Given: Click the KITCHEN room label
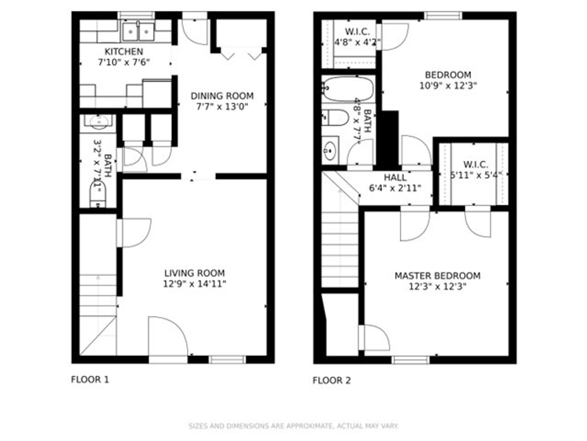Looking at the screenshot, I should tap(124, 51).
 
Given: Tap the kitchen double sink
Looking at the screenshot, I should tap(138, 31).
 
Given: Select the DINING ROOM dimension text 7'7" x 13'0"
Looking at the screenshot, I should tap(222, 107).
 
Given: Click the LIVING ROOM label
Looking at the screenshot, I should tap(194, 273).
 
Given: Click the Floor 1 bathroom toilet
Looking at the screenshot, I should tap(98, 195).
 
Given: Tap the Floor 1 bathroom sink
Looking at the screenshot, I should tap(98, 122).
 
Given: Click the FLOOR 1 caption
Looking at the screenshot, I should tap(90, 380).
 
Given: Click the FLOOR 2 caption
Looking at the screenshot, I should tap(331, 380).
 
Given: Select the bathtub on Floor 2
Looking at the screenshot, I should tap(349, 89).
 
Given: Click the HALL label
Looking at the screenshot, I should tap(395, 178).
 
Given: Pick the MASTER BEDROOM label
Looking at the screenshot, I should tap(437, 276).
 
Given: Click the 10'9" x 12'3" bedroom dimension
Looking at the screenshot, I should tap(448, 86).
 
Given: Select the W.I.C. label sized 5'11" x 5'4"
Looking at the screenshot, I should tap(475, 165).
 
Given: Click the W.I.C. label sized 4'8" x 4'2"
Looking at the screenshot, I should tap(357, 32).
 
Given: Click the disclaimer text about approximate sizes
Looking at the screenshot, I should tap(293, 426).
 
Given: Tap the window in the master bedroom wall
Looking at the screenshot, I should tap(410, 360).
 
